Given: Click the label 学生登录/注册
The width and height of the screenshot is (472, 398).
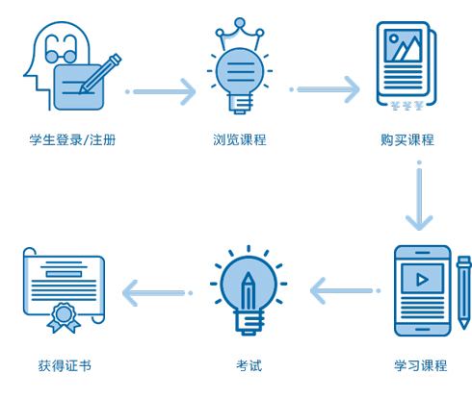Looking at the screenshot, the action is tap(72, 140).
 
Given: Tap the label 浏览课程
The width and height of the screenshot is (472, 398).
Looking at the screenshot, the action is tap(240, 140).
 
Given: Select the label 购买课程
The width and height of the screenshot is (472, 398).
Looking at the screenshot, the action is tap(407, 140).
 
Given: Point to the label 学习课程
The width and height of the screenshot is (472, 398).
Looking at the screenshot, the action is tap(421, 365).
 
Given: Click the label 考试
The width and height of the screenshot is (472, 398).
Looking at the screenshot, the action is tap(249, 365).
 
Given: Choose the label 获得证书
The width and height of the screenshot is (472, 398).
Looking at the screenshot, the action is tap(65, 365).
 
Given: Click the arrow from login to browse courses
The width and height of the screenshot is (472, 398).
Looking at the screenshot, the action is tap(161, 92).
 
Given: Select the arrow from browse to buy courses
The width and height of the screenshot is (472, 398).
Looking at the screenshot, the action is tap(325, 89).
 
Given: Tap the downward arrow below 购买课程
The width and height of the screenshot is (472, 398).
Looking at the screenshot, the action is tap(419, 195).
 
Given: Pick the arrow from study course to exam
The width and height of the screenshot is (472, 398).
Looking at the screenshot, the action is tap(346, 290).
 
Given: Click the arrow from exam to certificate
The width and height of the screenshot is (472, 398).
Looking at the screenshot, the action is tap(157, 293).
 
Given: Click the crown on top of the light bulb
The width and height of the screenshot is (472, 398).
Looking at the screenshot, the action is tap(240, 34).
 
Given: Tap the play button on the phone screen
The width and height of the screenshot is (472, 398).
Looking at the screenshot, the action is tap(422, 280).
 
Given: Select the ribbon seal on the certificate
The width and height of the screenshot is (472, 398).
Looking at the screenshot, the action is tap(64, 317).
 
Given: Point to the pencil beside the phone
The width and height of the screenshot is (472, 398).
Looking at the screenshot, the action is tap(463, 292).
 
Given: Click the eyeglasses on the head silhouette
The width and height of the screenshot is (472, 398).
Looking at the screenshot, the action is tap(61, 49).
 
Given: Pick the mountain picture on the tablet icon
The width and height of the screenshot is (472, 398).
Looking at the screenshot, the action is tap(404, 45).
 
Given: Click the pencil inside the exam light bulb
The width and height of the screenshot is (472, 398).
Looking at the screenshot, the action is tap(249, 292).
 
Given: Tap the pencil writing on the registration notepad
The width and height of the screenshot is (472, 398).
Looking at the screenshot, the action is tap(100, 74).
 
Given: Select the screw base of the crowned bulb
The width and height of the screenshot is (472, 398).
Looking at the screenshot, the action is tap(240, 103).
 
